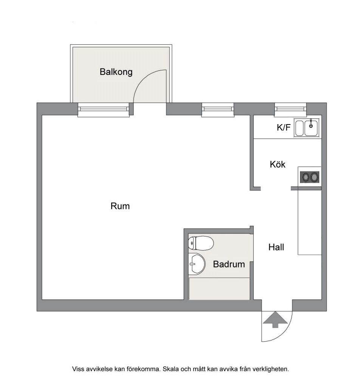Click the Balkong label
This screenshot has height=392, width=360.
116,72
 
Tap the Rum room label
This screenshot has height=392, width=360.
120,206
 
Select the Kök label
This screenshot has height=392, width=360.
278,164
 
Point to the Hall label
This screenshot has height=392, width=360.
276,247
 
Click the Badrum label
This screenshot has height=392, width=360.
229,264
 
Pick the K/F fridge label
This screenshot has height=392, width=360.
284,128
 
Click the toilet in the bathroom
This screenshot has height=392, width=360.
201,243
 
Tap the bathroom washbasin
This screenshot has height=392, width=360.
197,264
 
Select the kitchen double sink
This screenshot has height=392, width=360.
307,128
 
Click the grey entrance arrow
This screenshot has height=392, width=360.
275,319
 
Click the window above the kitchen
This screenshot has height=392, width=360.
290,109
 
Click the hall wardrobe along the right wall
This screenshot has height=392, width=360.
310,222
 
